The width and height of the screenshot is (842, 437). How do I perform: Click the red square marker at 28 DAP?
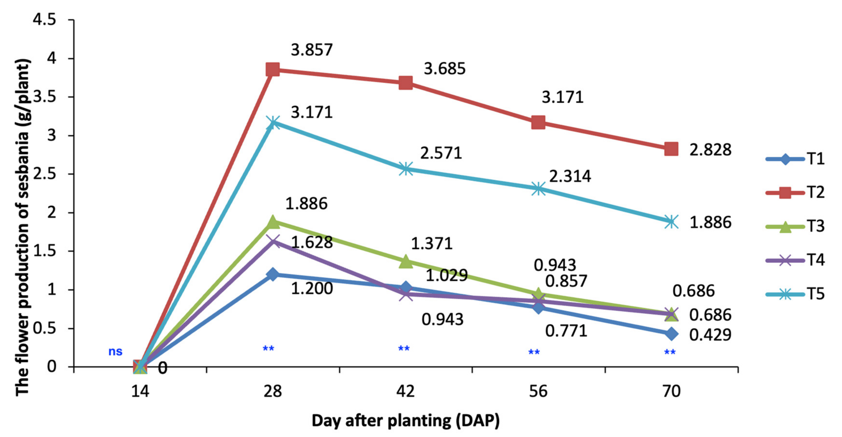point(273,70)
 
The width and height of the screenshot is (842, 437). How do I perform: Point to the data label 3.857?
point(311,50)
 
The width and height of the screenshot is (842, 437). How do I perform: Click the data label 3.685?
point(445,69)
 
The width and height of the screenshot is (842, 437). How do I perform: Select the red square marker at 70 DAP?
point(671,149)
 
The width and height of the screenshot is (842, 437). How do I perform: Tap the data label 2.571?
point(441,153)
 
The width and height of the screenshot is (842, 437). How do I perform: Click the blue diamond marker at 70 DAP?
point(671,334)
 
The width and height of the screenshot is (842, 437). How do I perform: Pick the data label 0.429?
point(710,335)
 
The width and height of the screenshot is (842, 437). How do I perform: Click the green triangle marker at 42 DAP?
point(406,261)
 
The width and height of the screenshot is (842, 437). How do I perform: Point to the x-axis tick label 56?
point(538,391)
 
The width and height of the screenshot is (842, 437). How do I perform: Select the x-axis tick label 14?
point(140,391)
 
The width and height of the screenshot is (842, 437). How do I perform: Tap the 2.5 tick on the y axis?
point(45,174)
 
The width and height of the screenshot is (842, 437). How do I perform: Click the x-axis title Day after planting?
point(406,421)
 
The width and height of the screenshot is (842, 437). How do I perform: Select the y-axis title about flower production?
point(23,227)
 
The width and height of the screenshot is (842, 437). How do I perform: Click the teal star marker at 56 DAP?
point(538,189)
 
